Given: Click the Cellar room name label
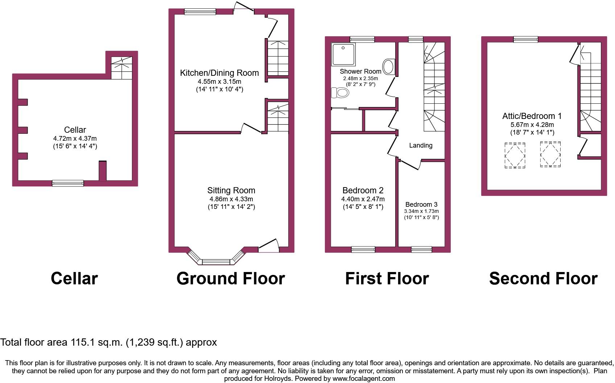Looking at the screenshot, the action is click(x=75, y=129).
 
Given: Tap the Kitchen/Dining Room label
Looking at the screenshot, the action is click(x=219, y=73).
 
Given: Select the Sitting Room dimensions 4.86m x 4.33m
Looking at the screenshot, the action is click(x=231, y=199).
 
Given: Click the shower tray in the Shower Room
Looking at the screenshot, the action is click(x=343, y=54).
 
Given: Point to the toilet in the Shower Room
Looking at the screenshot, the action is click(x=340, y=93).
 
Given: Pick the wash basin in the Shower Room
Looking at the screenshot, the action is click(x=389, y=67).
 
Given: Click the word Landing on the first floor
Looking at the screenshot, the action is click(x=421, y=145).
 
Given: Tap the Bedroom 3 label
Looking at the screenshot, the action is click(x=421, y=205).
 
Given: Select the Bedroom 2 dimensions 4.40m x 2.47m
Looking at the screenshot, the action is click(x=363, y=199).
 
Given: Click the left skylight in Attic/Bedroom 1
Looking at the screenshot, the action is click(x=515, y=155).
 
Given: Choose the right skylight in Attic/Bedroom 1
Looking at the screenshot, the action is click(x=550, y=154).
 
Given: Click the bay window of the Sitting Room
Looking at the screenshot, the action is click(x=216, y=257).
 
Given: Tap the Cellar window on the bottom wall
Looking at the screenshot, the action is click(x=68, y=183).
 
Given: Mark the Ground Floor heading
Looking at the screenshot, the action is click(x=231, y=279).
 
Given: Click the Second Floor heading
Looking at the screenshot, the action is click(x=543, y=279).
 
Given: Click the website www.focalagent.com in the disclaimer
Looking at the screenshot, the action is click(x=363, y=379).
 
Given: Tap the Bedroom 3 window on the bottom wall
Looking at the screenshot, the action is click(x=421, y=249).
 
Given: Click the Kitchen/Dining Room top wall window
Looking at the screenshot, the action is click(x=200, y=11).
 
